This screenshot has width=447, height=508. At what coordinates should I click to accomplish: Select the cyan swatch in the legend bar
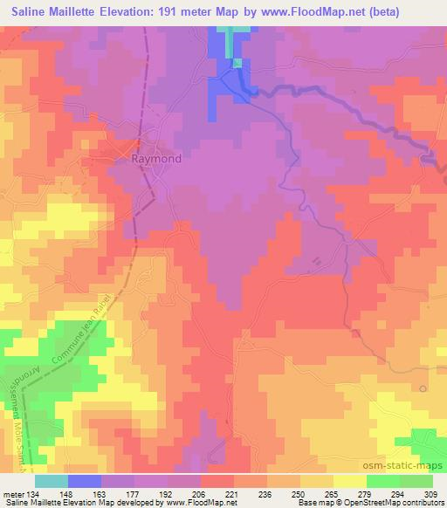tap(51, 480)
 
